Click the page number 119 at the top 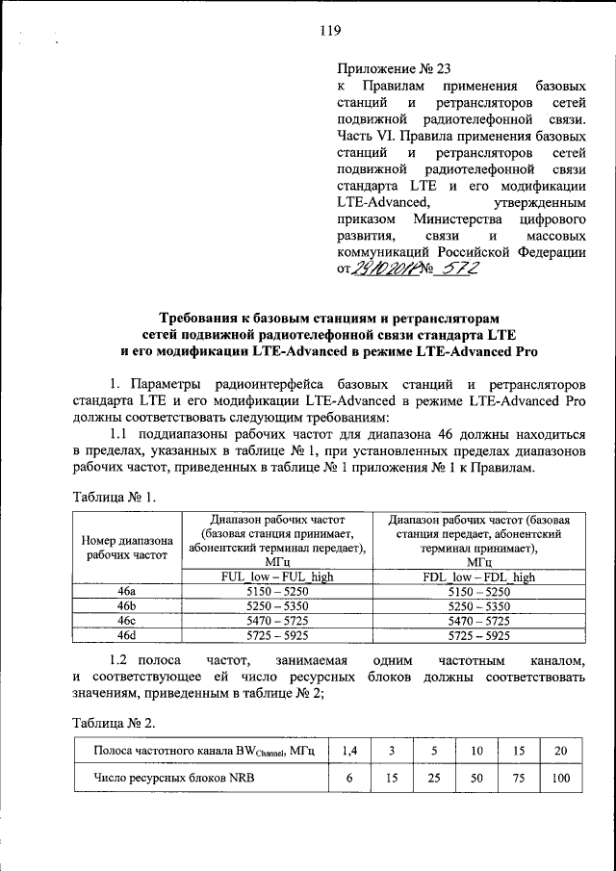[x=331, y=31]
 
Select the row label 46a [x=127, y=592]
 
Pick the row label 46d [x=127, y=635]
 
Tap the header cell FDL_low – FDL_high [x=479, y=576]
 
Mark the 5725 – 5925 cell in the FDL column [x=479, y=635]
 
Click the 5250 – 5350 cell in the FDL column [x=479, y=606]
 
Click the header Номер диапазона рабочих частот [x=127, y=547]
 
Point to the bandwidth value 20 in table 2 [x=560, y=750]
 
